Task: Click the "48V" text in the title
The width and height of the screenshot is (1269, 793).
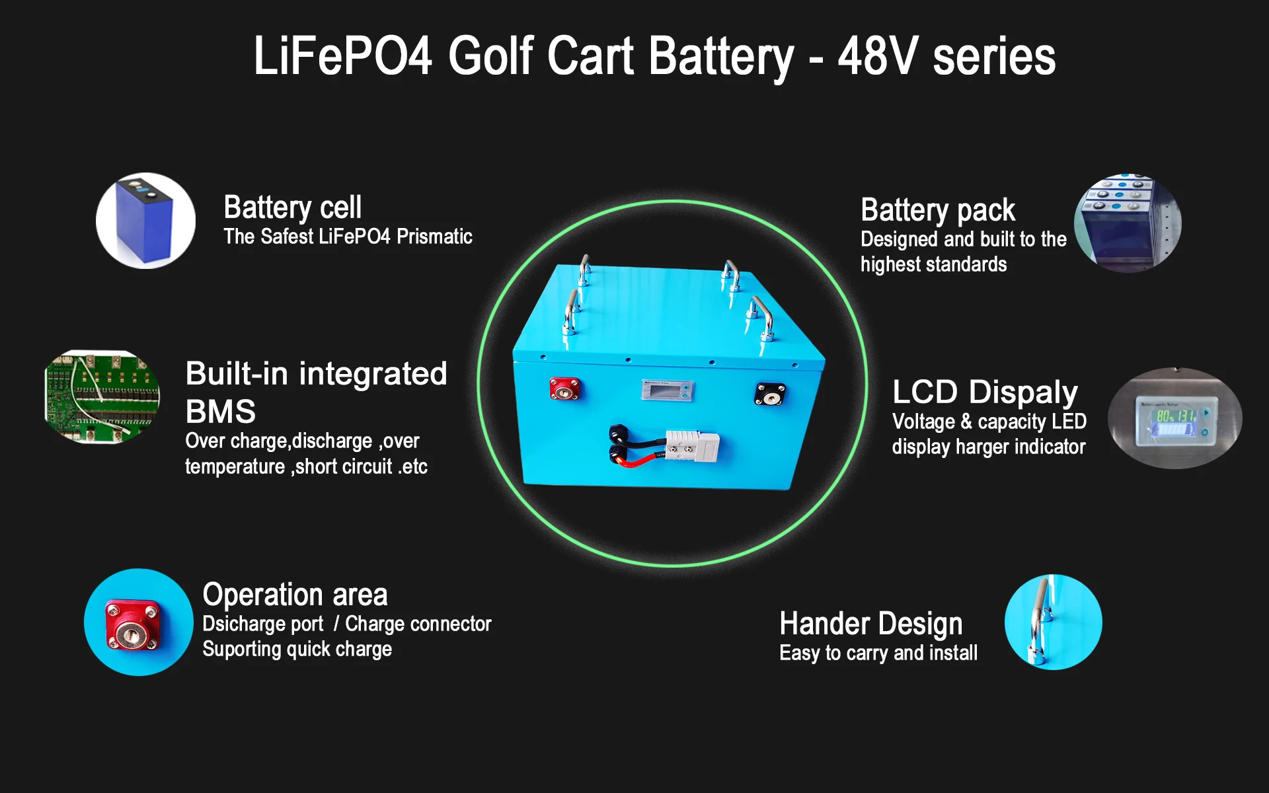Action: click(877, 56)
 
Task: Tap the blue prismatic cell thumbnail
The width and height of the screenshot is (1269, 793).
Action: click(145, 221)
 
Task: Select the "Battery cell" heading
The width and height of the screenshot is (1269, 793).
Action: click(292, 208)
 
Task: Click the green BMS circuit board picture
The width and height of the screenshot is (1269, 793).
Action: click(102, 397)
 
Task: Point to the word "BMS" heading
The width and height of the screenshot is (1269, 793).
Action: click(220, 412)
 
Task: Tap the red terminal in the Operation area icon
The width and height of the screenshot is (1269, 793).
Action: click(134, 624)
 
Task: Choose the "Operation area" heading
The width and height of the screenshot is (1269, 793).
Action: click(295, 595)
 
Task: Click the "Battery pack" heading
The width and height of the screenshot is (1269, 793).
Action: click(937, 210)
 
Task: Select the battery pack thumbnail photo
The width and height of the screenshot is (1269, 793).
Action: click(1127, 223)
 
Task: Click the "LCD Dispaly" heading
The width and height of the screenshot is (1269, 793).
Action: click(985, 392)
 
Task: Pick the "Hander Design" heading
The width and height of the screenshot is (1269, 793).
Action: click(870, 624)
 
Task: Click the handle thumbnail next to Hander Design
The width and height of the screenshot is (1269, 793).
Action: click(1052, 622)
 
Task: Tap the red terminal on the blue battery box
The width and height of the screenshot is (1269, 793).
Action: click(564, 389)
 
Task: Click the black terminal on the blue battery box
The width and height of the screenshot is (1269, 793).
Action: click(769, 395)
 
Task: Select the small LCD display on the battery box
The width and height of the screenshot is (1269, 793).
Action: click(667, 390)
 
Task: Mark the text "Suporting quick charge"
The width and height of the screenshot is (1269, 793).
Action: click(297, 650)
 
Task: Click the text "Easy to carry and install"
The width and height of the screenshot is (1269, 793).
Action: click(878, 654)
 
